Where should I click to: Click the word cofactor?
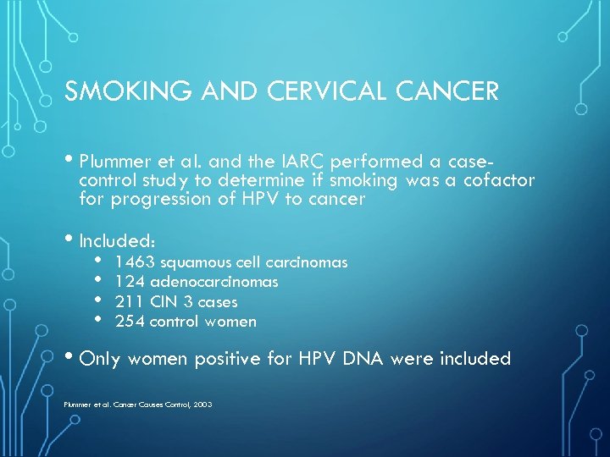coord(499,180)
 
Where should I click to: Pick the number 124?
coord(130,282)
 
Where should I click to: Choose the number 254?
coord(130,321)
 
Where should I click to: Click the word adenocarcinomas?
coord(214,282)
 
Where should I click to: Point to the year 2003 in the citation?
coord(202,405)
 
